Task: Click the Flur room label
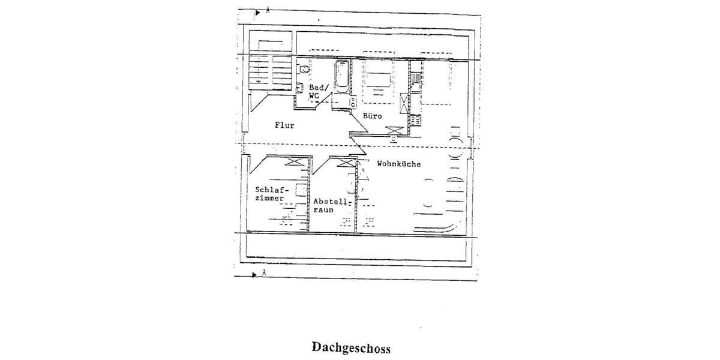284,125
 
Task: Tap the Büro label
373,116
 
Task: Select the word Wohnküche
399,164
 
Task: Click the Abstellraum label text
331,206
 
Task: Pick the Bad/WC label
319,92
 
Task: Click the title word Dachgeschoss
351,347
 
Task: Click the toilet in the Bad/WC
303,69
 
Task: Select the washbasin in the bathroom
300,88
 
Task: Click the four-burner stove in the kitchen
415,121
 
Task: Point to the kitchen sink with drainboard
415,82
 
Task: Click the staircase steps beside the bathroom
270,73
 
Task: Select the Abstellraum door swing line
321,165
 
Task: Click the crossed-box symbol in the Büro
395,130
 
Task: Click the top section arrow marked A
257,13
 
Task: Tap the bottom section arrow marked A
254,275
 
